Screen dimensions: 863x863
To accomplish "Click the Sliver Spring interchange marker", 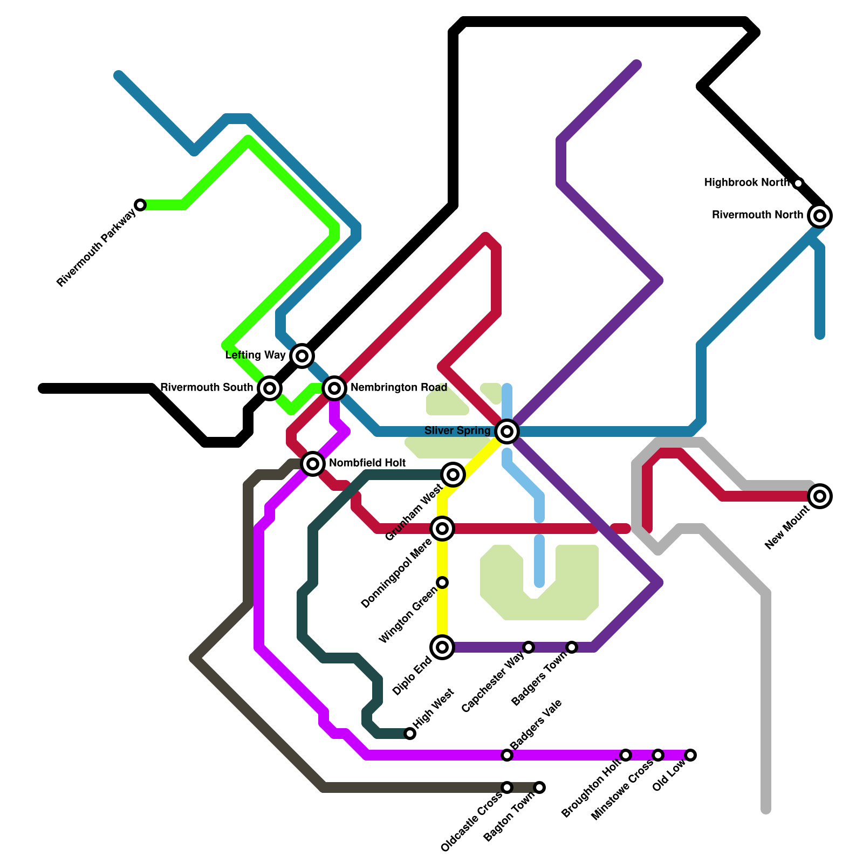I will pos(507,431).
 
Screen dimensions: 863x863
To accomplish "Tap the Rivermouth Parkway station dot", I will pos(140,205).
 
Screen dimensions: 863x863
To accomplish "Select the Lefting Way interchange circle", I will pos(302,355).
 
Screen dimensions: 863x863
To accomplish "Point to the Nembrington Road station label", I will pos(399,387).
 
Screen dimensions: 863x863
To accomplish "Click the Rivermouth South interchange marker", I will pos(270,388).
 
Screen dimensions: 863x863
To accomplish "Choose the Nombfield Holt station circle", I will pos(313,463).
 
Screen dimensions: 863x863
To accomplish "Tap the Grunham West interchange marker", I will pos(453,474).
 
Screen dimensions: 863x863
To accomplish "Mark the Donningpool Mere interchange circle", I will pos(442,528).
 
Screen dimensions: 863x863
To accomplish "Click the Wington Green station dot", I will pos(442,583).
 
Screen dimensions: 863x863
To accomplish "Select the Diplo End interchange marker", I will pos(442,647).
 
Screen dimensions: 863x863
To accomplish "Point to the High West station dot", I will pos(410,733).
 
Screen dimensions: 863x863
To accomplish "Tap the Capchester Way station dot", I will pos(529,647).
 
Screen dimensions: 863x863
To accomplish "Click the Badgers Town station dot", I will pos(572,647).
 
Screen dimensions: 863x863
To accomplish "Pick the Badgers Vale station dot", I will pos(507,755).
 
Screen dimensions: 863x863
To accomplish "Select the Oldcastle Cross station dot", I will pos(507,787).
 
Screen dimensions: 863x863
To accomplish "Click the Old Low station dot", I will pos(690,755).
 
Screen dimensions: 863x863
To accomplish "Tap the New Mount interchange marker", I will pos(820,496).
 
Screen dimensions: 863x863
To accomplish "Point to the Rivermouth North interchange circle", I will pos(820,216).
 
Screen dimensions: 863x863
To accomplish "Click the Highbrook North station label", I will pos(746,183).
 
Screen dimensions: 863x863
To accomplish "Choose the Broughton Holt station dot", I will pos(626,755).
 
